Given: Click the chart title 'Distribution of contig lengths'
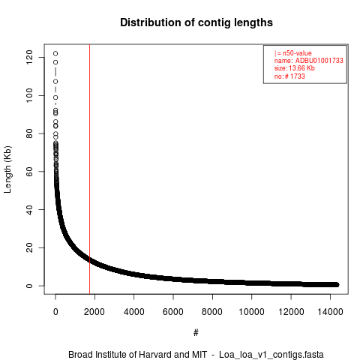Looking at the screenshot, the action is pos(196,22).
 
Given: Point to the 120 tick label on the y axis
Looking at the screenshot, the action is pos(29,57).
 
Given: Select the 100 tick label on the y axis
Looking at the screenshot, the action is pos(29,95).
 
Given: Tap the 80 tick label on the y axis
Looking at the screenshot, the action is pos(29,133).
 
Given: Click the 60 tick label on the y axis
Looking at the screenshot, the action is pos(29,172).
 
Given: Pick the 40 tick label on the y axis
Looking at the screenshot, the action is pos(29,209).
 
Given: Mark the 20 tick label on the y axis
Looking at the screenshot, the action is pos(29,247).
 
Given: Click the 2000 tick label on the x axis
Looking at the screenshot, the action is pos(94,312).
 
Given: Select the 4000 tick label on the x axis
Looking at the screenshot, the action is pos(134,312).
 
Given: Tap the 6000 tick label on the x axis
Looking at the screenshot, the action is pos(173,312).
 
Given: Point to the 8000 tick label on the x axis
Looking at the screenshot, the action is pos(212,312).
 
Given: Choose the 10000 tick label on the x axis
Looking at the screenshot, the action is pos(251,312).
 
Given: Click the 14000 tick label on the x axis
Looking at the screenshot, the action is pos(330,312).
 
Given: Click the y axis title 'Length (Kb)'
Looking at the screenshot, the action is pos(7,169).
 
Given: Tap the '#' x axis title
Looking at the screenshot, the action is pos(196,333).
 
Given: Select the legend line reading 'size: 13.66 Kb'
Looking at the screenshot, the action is pos(295,68).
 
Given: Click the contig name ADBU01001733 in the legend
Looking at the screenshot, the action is pos(319,61).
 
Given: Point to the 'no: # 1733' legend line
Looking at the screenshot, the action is pos(289,76).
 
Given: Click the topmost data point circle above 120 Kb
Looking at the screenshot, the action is pos(55,53).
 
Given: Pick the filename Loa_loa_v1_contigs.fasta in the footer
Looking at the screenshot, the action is pos(271,355).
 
